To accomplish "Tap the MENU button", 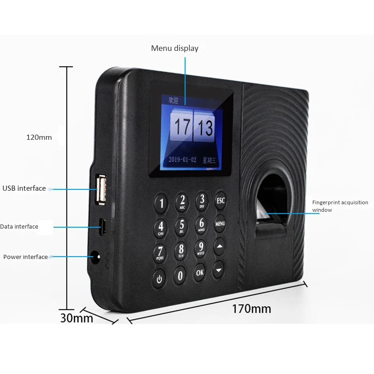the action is click(220, 223).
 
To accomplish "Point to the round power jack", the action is click(96, 257).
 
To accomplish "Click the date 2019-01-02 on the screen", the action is click(183, 159).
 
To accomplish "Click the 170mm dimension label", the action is click(252, 309).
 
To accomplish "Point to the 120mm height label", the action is click(39, 137).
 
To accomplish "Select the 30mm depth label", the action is click(77, 319).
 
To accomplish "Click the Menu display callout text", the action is click(174, 48).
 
